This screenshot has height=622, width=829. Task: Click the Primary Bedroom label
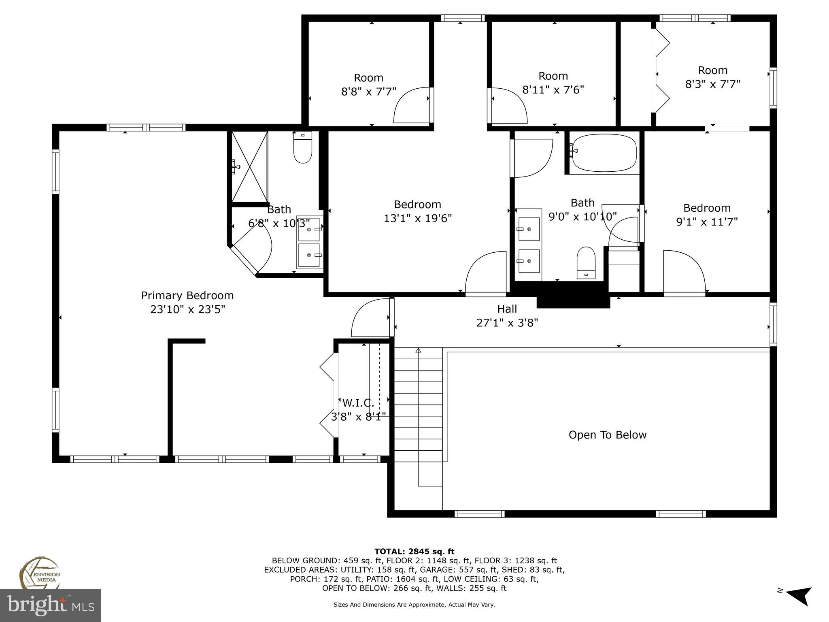click(x=187, y=296)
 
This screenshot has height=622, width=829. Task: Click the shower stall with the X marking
click(x=249, y=166)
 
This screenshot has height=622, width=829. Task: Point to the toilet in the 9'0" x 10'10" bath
click(x=586, y=263)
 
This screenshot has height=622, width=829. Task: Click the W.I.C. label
click(x=358, y=403)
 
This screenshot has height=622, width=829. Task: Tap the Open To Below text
click(x=607, y=435)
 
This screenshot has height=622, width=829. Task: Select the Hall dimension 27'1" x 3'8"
click(x=507, y=323)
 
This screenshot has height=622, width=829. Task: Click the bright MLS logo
click(x=50, y=605)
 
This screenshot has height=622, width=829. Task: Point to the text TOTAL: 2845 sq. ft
click(x=414, y=551)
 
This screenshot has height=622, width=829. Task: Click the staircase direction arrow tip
click(x=418, y=349)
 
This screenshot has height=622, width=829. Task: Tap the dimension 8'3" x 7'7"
click(x=712, y=84)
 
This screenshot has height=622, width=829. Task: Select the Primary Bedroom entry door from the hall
click(x=370, y=318)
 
